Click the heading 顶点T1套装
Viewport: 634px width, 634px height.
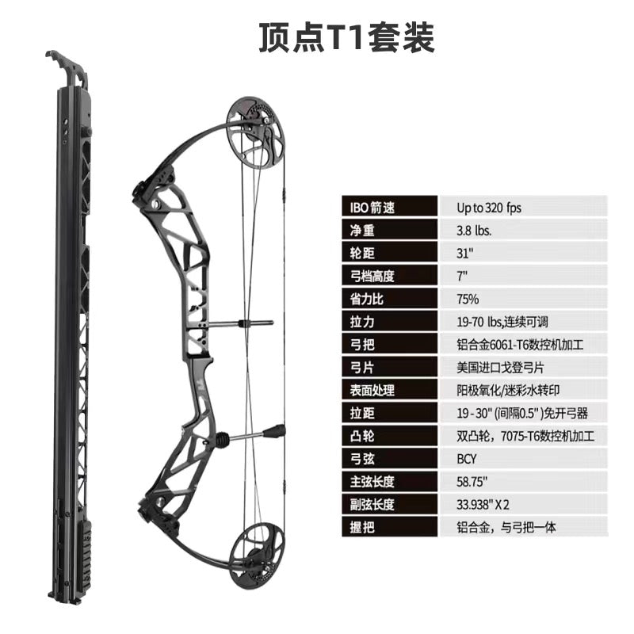pyautogui.click(x=346, y=36)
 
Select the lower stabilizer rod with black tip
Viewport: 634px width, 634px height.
pyautogui.click(x=254, y=433)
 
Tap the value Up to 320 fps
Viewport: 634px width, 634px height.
pyautogui.click(x=489, y=208)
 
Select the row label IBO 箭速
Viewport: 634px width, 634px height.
pyautogui.click(x=372, y=208)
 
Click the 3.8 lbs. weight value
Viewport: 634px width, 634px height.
pyautogui.click(x=474, y=231)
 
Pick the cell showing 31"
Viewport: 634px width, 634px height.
pyautogui.click(x=464, y=254)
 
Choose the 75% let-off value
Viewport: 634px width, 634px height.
pyautogui.click(x=468, y=299)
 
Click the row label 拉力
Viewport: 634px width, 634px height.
pyautogui.click(x=361, y=322)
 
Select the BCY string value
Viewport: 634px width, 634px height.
pyautogui.click(x=467, y=458)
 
